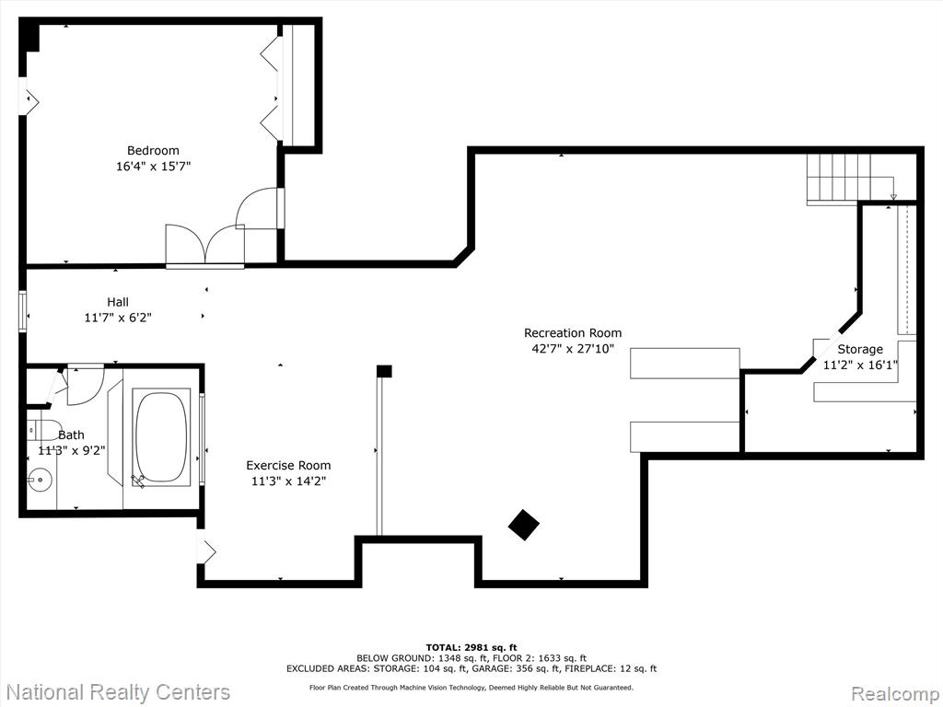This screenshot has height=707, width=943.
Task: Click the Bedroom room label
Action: coord(153,150)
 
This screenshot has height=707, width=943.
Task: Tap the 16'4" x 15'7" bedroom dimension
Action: coord(153,166)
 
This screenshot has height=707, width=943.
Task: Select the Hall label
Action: coord(118,302)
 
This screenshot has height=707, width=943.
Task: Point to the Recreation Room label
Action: coord(573,332)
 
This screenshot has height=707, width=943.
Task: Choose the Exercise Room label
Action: coord(288,465)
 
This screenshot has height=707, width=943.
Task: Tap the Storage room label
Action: coord(860,349)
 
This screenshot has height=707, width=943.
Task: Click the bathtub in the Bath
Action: coord(161,437)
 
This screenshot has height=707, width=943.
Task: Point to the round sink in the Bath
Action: coord(41,480)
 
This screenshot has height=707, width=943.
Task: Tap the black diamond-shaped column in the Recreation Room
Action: coord(523,525)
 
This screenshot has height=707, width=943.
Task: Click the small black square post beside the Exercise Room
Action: coord(384,371)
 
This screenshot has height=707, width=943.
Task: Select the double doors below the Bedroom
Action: coord(205,245)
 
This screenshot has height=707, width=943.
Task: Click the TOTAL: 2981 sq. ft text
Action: coord(471,647)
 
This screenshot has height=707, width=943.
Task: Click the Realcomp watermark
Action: coord(894,693)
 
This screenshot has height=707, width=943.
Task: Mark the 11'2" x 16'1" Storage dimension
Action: coord(860,365)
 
